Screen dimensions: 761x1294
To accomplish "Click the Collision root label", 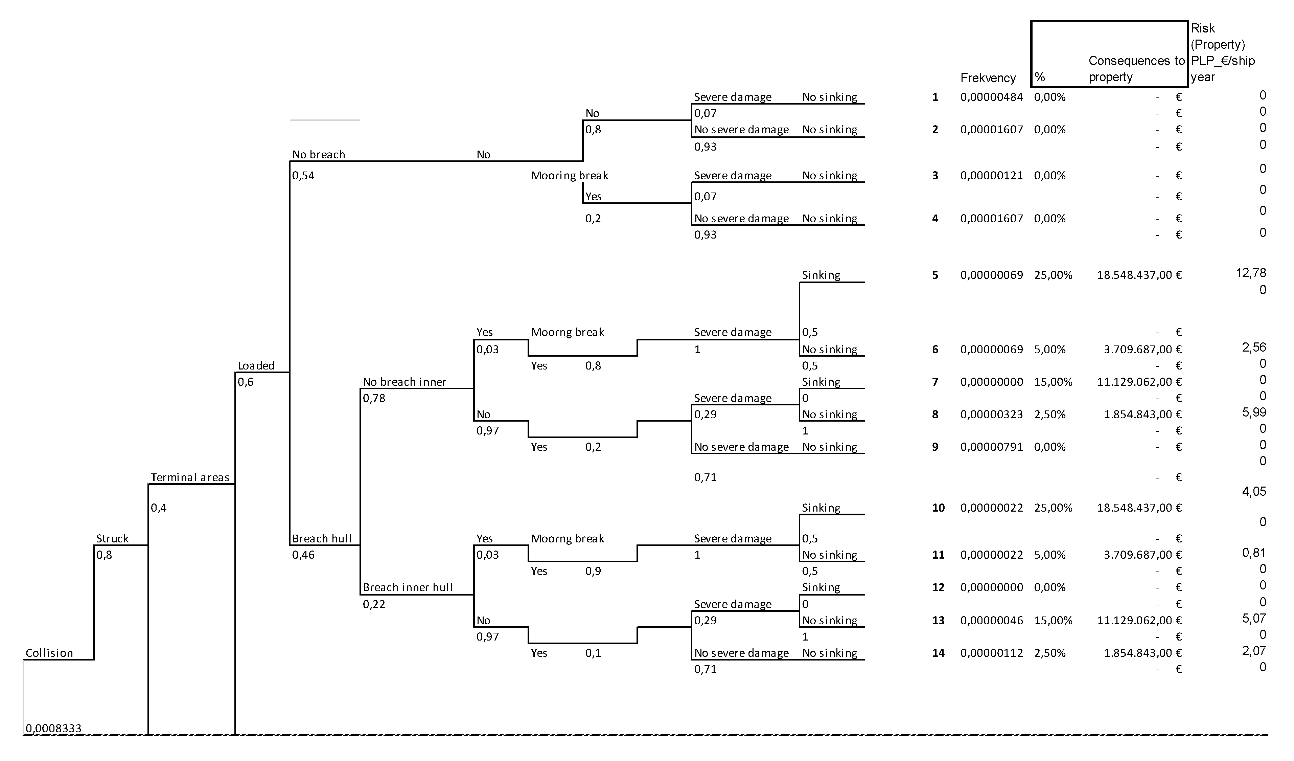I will pos(49,653).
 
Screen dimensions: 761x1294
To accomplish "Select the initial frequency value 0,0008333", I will pos(53,728).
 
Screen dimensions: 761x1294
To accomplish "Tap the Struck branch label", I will pos(112,538).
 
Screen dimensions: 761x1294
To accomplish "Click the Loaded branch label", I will pos(256,365).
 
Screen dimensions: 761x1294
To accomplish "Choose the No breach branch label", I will pos(318,154).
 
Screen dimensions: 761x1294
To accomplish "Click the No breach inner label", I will pos(404,381).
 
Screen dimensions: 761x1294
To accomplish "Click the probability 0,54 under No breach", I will pos(303,175).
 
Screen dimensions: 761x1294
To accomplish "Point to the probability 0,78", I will pos(374,398).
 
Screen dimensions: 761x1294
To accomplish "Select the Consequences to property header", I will pos(1136,68).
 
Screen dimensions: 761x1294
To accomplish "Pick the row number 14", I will pos(938,653).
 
